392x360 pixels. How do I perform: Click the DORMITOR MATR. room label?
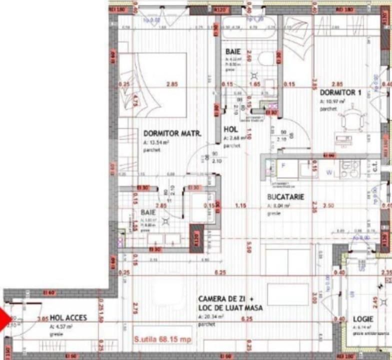point(172,133)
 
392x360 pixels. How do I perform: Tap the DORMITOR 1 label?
point(340,92)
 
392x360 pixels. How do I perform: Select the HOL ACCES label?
point(68,317)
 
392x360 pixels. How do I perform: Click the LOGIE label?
point(363,318)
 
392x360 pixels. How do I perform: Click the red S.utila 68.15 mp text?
point(162,339)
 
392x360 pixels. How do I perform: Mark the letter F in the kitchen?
point(282,164)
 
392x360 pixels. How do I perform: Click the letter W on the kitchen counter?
point(329,173)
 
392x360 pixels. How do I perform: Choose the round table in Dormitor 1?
point(349,120)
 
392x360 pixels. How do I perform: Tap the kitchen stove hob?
point(349,169)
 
